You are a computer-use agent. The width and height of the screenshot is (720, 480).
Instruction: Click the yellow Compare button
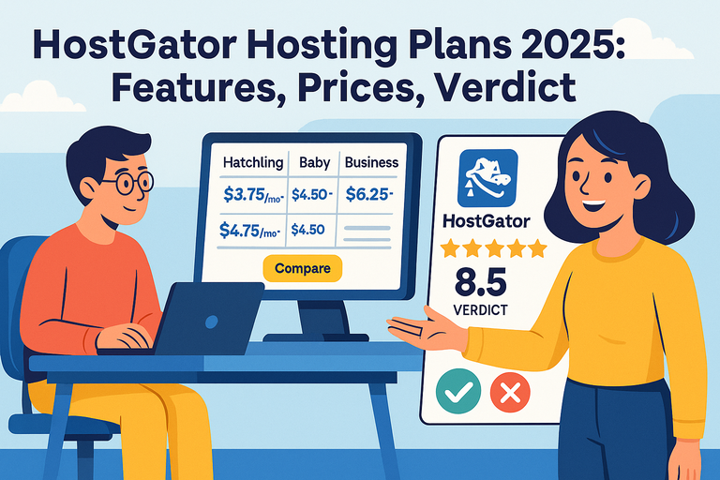tap(303, 268)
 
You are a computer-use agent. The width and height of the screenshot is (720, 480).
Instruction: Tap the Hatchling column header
tap(253, 162)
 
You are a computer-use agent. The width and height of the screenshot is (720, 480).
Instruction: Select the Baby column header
tap(314, 162)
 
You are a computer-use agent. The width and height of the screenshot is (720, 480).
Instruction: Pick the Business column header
tap(371, 162)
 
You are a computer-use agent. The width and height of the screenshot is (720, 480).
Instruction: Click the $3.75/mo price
tap(251, 195)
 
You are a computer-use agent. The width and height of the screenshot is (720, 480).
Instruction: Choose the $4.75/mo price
tap(249, 229)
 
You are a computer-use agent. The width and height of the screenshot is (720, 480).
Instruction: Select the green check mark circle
tap(457, 391)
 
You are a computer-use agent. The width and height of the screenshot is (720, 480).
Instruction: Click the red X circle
tap(510, 391)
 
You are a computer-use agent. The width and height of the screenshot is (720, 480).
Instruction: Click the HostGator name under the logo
tap(485, 222)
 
